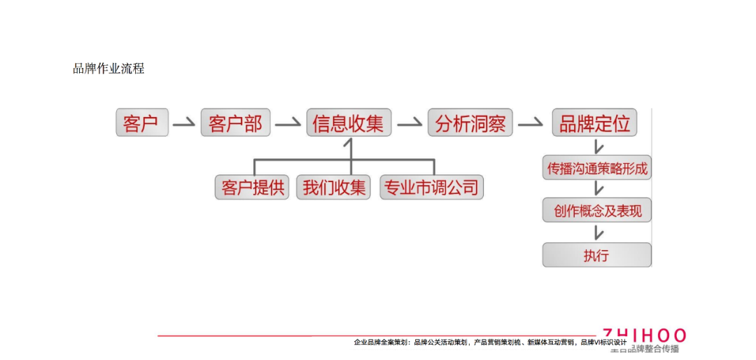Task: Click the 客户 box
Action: pyautogui.click(x=142, y=123)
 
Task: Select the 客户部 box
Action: pyautogui.click(x=234, y=123)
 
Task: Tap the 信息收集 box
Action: pyautogui.click(x=349, y=123)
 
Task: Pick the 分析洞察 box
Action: pyautogui.click(x=470, y=123)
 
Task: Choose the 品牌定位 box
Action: pyautogui.click(x=595, y=123)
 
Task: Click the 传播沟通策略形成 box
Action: pyautogui.click(x=596, y=168)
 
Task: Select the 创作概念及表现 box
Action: pyautogui.click(x=596, y=210)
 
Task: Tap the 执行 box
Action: pyautogui.click(x=596, y=255)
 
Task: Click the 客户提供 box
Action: pyautogui.click(x=252, y=188)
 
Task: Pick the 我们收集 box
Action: pyautogui.click(x=333, y=188)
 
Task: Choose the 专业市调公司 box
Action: pyautogui.click(x=431, y=188)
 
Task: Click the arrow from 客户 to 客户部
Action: pyautogui.click(x=184, y=123)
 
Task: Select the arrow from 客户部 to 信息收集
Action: pyautogui.click(x=288, y=123)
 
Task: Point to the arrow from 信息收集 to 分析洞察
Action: pyautogui.click(x=409, y=123)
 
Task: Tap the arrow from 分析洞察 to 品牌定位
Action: pyautogui.click(x=531, y=123)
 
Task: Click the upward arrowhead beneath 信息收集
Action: pyautogui.click(x=349, y=144)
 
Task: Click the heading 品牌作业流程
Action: pyautogui.click(x=108, y=69)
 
